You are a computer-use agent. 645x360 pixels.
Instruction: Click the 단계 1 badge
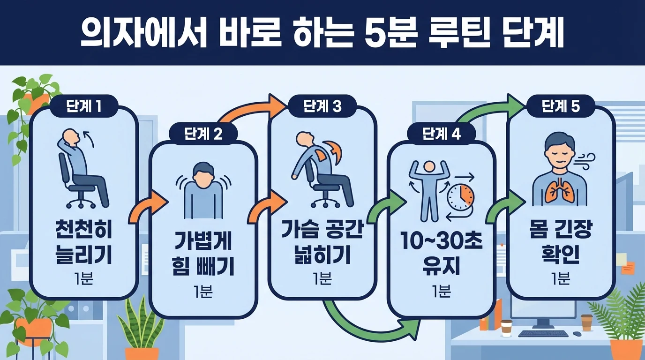[x=83, y=107]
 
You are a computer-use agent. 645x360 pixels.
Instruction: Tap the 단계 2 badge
[x=202, y=134]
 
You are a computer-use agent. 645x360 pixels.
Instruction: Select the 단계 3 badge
[x=322, y=107]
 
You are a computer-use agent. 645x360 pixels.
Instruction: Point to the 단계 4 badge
[x=442, y=134]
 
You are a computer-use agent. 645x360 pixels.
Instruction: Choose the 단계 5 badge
[x=561, y=107]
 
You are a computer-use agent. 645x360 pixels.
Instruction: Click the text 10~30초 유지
[x=442, y=256]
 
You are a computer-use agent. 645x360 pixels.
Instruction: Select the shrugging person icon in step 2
[x=202, y=190]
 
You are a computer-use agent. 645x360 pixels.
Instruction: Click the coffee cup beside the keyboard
[x=506, y=328]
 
